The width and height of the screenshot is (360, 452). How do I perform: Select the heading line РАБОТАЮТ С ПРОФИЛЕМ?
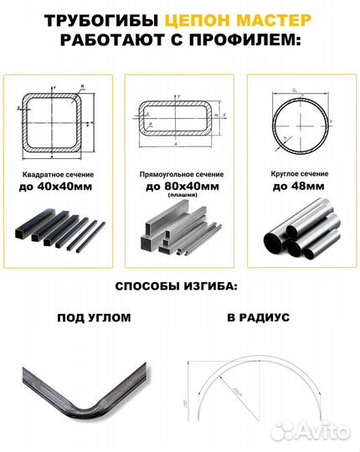pos(180,42)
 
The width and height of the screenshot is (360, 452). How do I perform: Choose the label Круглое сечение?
pos(300,174)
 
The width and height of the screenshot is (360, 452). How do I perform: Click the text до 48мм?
pos(300,187)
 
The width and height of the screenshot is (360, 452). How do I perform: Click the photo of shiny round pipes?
pos(300,231)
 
